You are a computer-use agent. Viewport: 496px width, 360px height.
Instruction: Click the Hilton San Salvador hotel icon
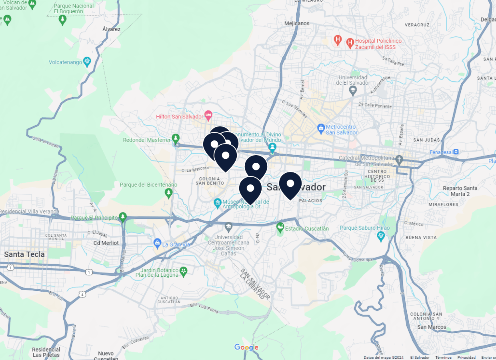pyautogui.click(x=208, y=116)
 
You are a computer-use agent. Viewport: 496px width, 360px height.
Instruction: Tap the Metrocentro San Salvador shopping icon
pyautogui.click(x=320, y=129)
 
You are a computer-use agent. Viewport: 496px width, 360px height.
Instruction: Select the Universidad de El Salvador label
pyautogui.click(x=352, y=80)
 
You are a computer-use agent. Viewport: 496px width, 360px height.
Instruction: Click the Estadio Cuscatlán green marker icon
pyautogui.click(x=280, y=228)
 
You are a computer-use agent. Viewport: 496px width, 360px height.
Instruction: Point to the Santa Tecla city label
pyautogui.click(x=24, y=254)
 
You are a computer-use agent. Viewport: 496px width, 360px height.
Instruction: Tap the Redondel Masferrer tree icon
pyautogui.click(x=175, y=139)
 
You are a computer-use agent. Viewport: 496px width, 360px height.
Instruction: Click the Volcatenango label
pyautogui.click(x=66, y=62)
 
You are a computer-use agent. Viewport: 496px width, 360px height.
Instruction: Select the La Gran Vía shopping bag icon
pyautogui.click(x=157, y=243)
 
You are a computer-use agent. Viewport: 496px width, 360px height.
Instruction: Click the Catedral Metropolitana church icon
pyautogui.click(x=399, y=160)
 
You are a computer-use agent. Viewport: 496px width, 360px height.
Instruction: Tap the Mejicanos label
pyautogui.click(x=297, y=24)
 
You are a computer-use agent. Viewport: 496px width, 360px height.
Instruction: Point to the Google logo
pyautogui.click(x=246, y=347)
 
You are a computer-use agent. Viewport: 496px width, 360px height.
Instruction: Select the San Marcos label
pyautogui.click(x=432, y=327)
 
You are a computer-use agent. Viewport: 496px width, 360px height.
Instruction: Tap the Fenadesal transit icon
pyautogui.click(x=456, y=152)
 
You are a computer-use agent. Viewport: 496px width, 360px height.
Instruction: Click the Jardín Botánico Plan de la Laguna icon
pyautogui.click(x=183, y=271)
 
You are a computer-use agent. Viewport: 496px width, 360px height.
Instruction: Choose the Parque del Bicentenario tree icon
pyautogui.click(x=169, y=193)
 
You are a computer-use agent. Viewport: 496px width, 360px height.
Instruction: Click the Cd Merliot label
pyautogui.click(x=106, y=243)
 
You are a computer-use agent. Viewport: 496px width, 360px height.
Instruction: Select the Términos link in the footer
pyautogui.click(x=443, y=358)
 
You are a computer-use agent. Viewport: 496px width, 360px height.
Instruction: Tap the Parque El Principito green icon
pyautogui.click(x=122, y=217)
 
